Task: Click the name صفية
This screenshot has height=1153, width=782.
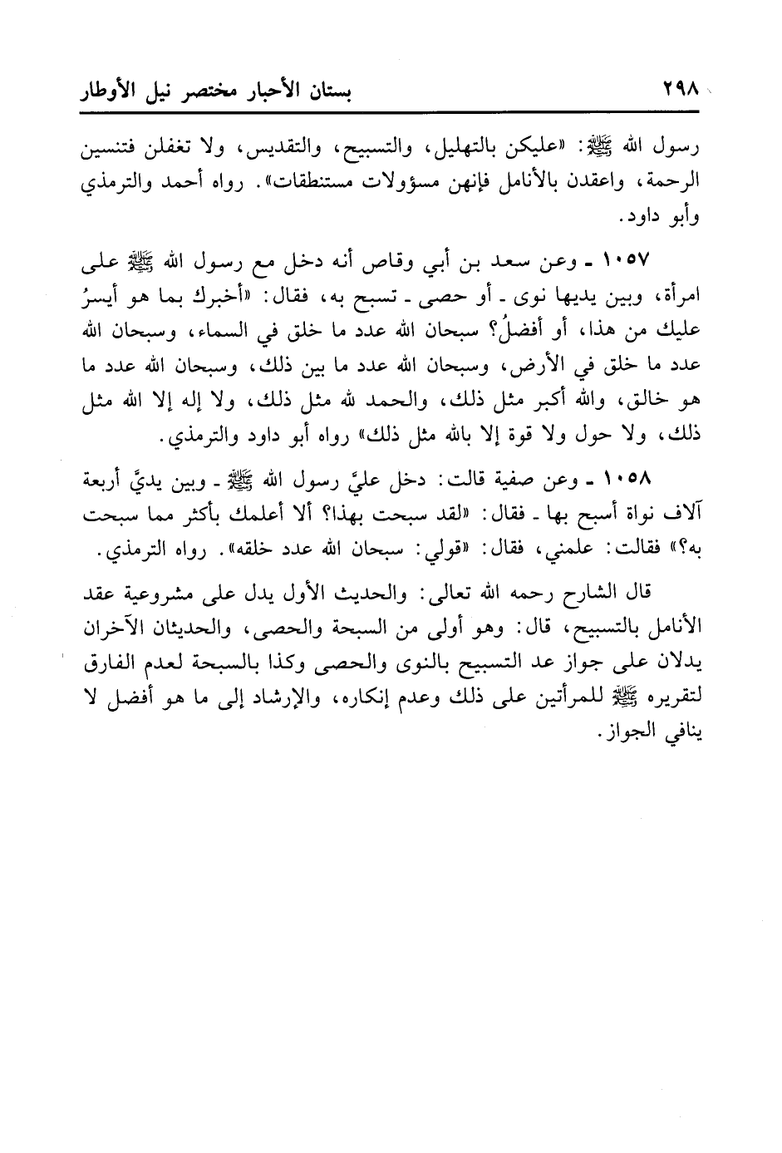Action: pyautogui.click(x=519, y=481)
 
